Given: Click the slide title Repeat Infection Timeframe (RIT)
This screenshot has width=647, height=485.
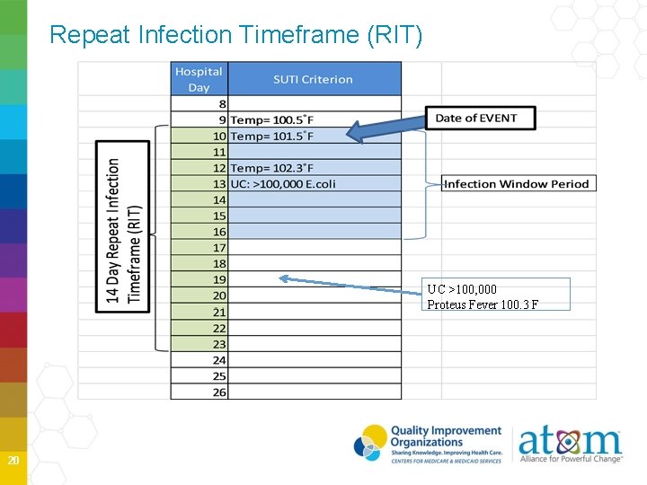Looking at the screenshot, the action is tap(235, 35).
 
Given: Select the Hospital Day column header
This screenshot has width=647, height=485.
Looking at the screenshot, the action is tap(199, 79).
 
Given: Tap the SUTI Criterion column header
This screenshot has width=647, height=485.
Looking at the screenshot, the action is tap(313, 79).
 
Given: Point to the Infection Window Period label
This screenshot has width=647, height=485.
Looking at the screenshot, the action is tap(517, 184).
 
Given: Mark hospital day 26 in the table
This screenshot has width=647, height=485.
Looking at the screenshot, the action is tap(219, 392).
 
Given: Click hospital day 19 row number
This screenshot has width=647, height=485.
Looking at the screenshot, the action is tap(219, 279).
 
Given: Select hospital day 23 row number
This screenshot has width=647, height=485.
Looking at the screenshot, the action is tap(219, 344).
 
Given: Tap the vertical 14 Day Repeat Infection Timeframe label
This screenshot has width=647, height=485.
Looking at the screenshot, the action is tap(124, 232).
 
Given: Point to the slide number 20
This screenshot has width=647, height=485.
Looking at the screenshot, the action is tap(13, 461).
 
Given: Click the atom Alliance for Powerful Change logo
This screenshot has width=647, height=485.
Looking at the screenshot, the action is tap(570, 445).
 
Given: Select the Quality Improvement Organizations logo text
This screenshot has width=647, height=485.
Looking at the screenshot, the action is tap(445, 437).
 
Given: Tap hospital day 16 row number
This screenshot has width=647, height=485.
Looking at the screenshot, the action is tap(219, 232).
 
